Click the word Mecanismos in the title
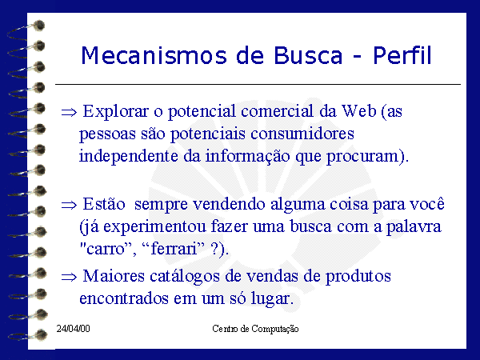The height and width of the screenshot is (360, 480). [x=154, y=55]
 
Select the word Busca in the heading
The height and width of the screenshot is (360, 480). [x=308, y=55]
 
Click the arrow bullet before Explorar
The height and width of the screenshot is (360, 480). [x=69, y=112]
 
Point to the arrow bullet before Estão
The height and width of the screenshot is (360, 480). [x=69, y=205]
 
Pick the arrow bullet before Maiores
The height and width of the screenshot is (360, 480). [x=69, y=277]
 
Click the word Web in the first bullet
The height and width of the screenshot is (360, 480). [x=358, y=111]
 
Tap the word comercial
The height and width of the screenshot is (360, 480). [x=277, y=111]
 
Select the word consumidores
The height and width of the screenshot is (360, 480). [x=302, y=134]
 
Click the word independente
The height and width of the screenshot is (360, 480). [x=129, y=157]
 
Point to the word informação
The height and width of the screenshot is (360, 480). [x=248, y=157]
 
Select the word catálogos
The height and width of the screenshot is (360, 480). [x=185, y=277]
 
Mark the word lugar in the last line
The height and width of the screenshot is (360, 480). [x=270, y=298]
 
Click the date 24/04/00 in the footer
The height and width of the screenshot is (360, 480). [x=73, y=329]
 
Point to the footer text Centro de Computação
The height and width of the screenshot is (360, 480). [x=255, y=329]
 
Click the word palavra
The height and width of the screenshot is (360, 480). [x=414, y=227]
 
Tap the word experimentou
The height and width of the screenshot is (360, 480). [x=154, y=227]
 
